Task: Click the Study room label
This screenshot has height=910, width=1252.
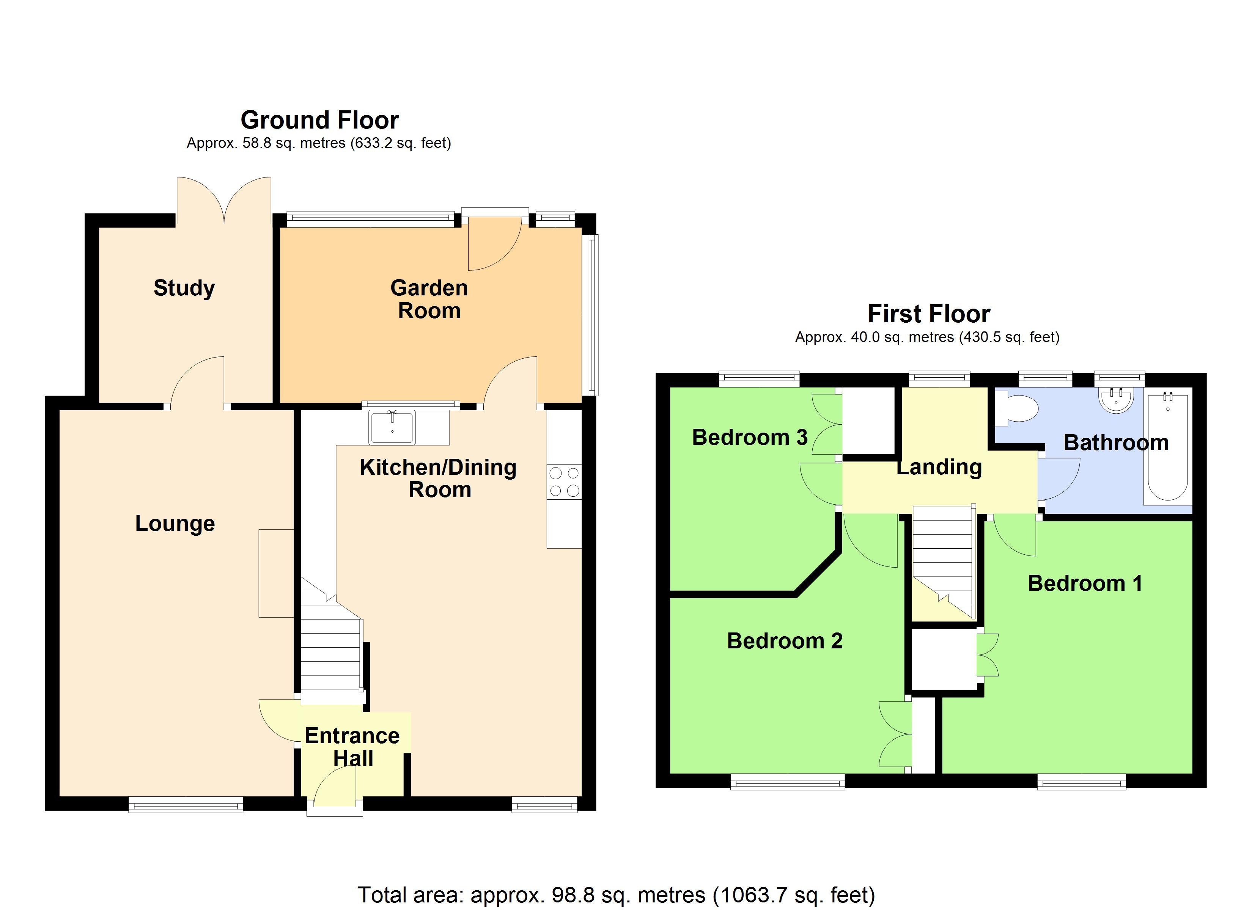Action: [184, 288]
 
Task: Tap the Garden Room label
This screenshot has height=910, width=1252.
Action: [429, 299]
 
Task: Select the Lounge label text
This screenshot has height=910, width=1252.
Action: [175, 523]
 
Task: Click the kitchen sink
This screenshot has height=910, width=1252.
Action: [392, 428]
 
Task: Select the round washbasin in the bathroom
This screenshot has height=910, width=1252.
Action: [1116, 400]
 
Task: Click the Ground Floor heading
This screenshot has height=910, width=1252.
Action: [319, 120]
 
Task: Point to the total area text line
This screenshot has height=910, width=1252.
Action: [617, 894]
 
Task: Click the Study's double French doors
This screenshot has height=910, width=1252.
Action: [224, 201]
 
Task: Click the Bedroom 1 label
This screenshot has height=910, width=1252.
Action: [1085, 583]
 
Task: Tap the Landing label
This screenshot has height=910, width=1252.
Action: [939, 467]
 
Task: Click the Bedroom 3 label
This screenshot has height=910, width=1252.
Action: [750, 437]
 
